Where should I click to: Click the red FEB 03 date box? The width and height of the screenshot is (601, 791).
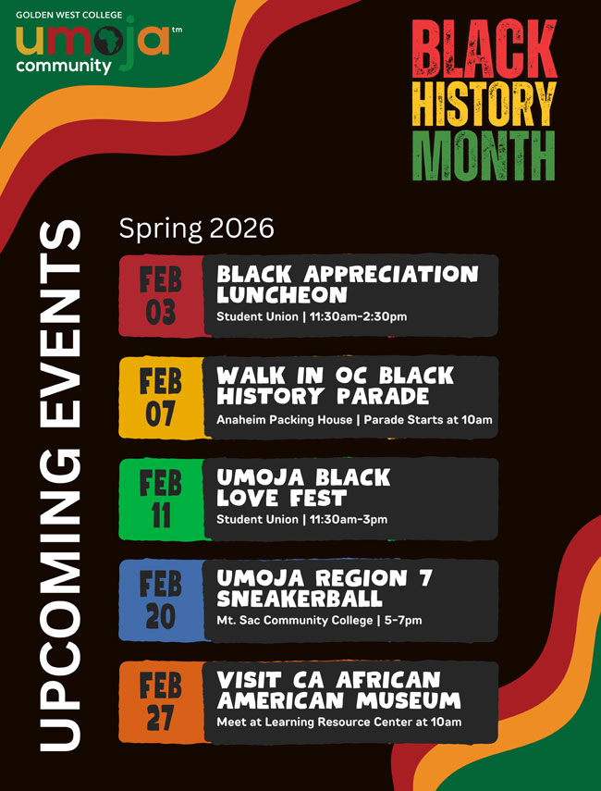tap(161, 296)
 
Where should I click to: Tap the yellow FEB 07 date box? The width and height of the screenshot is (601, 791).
tap(161, 398)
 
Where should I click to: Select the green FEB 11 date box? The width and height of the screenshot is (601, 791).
tap(161, 500)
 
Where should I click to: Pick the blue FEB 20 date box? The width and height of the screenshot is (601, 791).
tap(161, 600)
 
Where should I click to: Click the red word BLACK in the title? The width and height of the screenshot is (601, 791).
tap(484, 48)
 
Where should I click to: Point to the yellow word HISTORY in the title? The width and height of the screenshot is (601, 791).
tap(484, 104)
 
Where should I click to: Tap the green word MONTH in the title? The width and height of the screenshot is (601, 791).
tap(484, 155)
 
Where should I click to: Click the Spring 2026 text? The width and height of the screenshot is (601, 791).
tap(197, 229)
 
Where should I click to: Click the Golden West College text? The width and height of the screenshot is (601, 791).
tap(68, 15)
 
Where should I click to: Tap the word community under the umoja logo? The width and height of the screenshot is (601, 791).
tap(64, 66)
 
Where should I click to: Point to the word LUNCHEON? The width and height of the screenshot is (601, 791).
tap(282, 294)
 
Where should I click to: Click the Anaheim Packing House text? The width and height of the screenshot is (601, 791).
tap(285, 420)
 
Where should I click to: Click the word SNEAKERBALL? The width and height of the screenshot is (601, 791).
tap(300, 599)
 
